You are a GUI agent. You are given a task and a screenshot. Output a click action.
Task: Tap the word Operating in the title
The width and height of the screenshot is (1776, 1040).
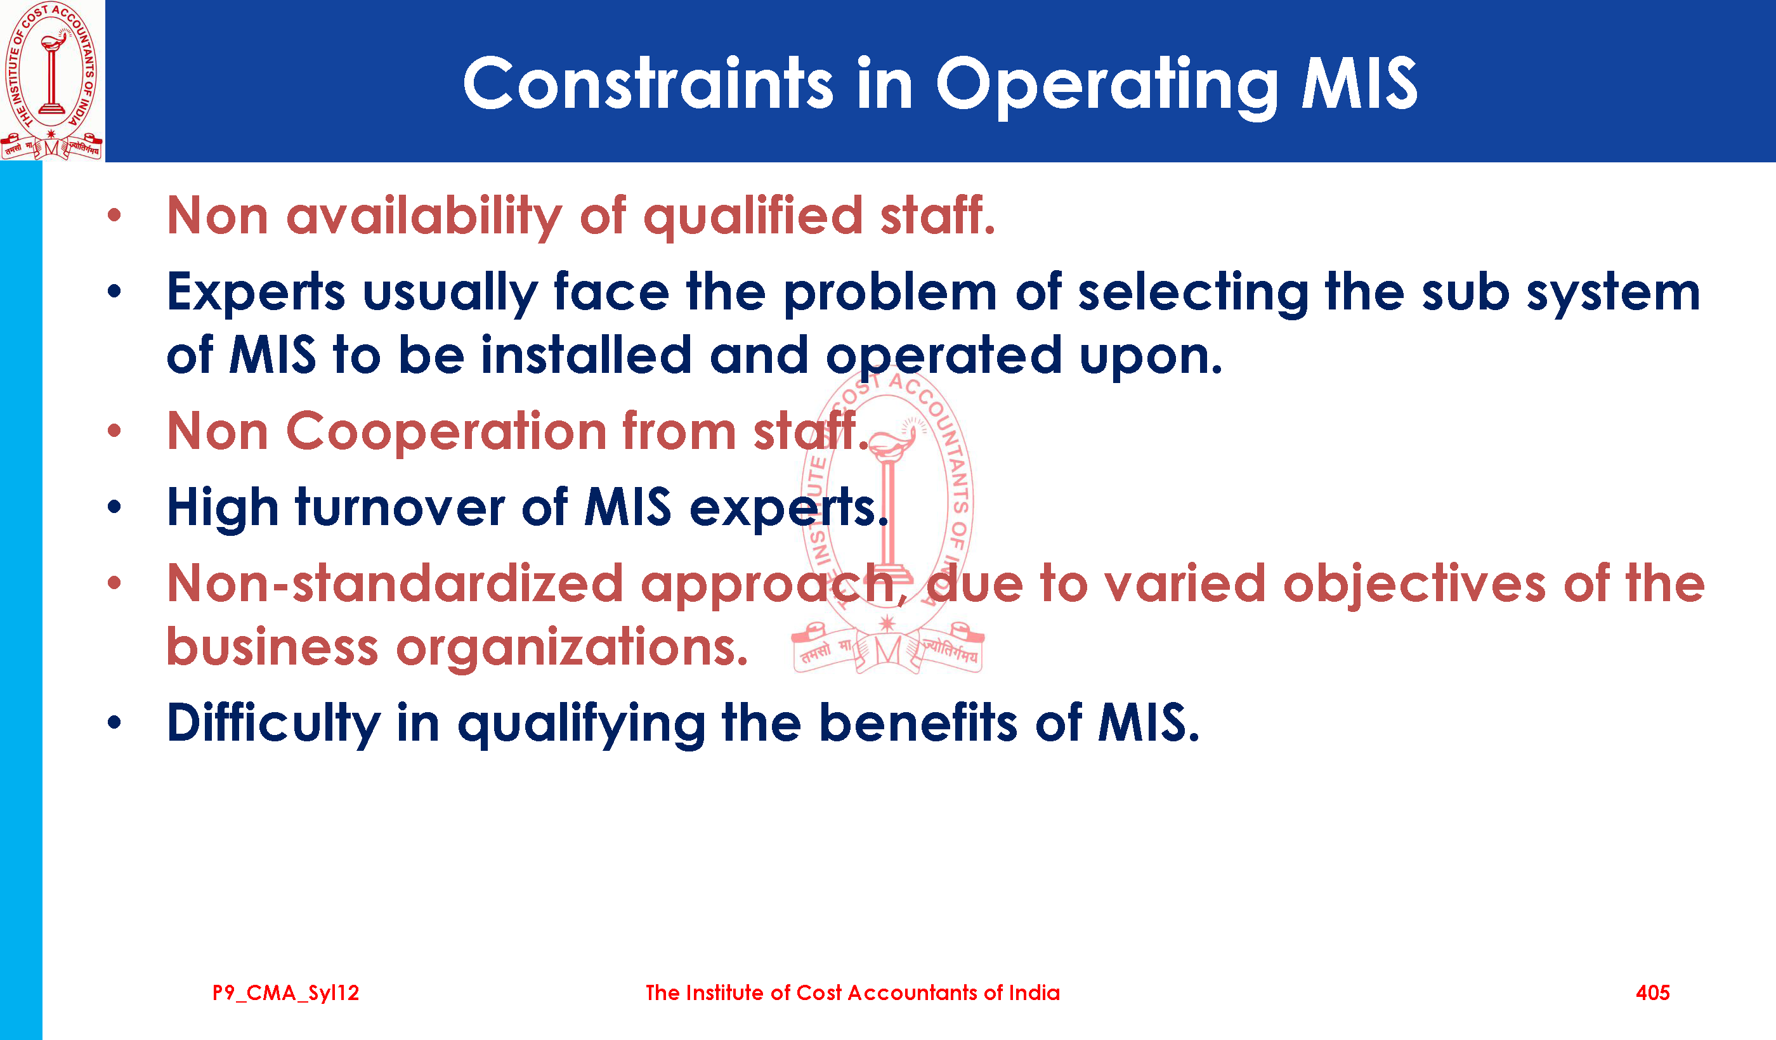point(1106,86)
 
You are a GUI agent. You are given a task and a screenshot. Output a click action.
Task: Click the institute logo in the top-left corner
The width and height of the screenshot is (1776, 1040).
point(52,81)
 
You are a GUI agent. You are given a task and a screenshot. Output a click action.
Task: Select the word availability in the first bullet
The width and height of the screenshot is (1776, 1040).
point(424,216)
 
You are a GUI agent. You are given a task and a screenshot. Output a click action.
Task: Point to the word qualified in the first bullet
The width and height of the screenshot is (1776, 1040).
point(753,216)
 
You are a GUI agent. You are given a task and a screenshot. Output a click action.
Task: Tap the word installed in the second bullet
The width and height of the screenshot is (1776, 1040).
point(586,354)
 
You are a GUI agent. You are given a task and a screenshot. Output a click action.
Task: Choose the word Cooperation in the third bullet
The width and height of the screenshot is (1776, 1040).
point(446,431)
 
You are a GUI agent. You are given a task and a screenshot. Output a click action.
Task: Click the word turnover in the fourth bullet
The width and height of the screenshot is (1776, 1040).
point(400,507)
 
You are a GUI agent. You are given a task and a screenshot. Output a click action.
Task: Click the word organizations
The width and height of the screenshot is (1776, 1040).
point(571,647)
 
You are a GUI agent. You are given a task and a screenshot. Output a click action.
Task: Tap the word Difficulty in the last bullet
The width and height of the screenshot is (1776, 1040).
point(273,724)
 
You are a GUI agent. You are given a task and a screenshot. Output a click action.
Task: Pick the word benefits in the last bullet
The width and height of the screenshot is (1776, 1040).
point(918,723)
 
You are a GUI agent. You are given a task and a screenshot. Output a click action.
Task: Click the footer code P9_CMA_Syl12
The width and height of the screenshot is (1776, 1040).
point(285,994)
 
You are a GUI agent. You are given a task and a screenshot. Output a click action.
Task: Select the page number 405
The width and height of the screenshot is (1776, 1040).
point(1653,993)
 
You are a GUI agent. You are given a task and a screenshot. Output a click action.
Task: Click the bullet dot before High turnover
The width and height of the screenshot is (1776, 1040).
point(114,506)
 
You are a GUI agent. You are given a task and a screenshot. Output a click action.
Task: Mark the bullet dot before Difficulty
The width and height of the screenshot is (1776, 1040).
point(114,722)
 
